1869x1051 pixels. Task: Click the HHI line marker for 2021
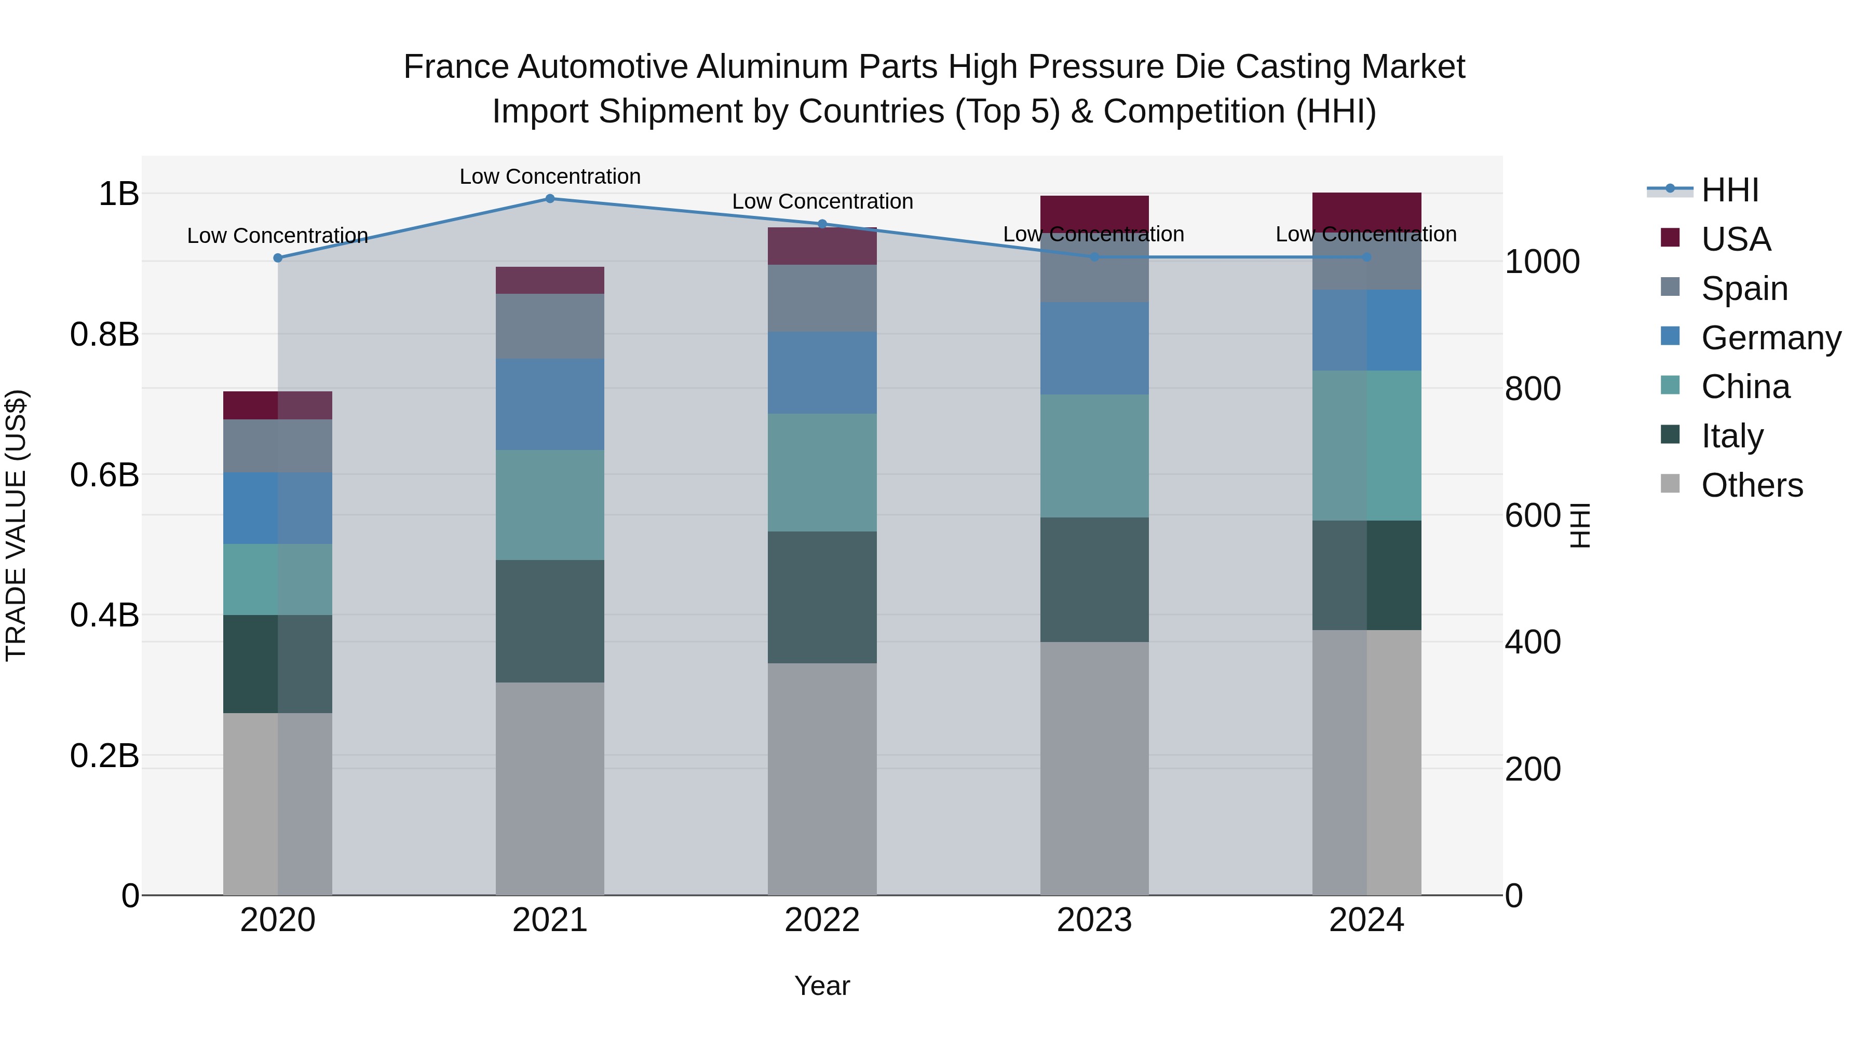tap(549, 199)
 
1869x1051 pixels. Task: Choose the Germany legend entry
tap(1770, 338)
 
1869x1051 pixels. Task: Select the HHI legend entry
tap(1729, 190)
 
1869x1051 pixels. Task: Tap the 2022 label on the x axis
tap(822, 920)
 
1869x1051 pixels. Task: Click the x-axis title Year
tap(822, 986)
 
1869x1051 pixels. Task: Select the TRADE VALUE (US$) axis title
tap(16, 525)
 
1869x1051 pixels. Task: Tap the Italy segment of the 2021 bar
tap(549, 620)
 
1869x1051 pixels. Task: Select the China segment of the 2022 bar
tap(822, 472)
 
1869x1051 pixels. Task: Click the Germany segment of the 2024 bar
tap(1366, 330)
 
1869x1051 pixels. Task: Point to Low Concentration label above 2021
tap(549, 176)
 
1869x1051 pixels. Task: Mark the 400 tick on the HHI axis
tap(1533, 643)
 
